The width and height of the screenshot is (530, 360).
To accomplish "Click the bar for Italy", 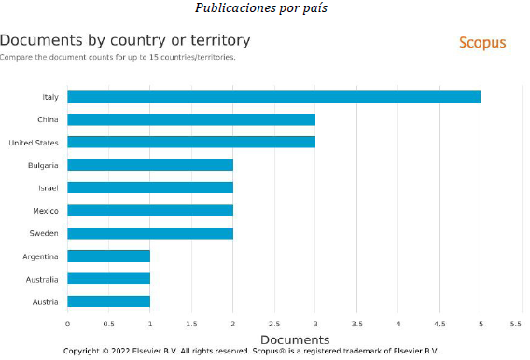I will (x=273, y=97).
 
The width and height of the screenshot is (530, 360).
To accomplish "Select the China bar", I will (x=191, y=119).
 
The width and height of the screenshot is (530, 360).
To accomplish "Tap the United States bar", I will (x=191, y=143).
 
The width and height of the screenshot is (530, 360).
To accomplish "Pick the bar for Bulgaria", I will (x=150, y=165).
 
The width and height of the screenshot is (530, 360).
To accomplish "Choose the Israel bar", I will (x=150, y=187).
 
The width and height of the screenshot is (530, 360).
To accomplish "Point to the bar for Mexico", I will (x=150, y=211).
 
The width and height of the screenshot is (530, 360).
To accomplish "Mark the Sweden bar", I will (x=150, y=233).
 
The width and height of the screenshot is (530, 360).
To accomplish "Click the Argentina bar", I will (x=108, y=256).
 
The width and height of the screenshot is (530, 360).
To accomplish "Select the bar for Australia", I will (x=108, y=279).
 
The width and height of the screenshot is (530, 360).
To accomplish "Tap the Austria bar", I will (x=108, y=301).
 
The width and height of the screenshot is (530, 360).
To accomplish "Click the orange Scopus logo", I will (x=482, y=43).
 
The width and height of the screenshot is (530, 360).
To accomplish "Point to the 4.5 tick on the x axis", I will (x=439, y=325).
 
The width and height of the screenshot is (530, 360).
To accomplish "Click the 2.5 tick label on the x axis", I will (x=274, y=325).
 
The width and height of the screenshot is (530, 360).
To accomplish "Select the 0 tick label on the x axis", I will (x=67, y=325).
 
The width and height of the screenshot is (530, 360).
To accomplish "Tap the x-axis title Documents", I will (x=294, y=339).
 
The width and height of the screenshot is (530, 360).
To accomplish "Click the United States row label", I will (x=34, y=143).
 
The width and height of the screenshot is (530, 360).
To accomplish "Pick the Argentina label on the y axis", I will (x=40, y=256).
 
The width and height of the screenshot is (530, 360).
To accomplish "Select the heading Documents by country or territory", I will (x=125, y=41).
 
